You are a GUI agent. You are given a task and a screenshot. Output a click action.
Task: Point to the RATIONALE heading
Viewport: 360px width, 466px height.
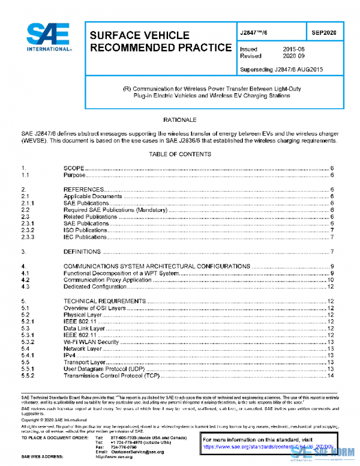coord(179,120)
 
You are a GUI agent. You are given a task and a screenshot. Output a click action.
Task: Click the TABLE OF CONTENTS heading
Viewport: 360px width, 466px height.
coord(179,154)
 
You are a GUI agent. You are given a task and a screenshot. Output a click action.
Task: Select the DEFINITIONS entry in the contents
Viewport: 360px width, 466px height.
coord(82,251)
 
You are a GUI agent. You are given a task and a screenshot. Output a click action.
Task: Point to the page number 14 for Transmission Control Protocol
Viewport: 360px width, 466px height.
coord(331,376)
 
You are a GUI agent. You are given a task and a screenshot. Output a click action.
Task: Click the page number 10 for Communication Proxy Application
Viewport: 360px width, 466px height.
coord(331,280)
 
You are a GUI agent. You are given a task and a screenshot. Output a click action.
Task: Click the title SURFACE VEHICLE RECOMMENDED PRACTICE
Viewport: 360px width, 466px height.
coord(160,41)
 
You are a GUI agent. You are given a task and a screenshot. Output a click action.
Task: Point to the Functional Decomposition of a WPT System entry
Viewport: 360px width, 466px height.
coord(120,273)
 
